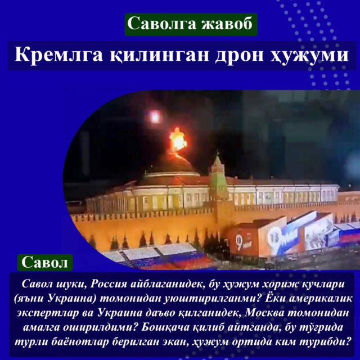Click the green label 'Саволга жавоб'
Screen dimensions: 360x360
(x=191, y=24)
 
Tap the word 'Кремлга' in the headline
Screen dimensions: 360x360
(x=58, y=55)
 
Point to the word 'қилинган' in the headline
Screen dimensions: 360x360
(x=159, y=56)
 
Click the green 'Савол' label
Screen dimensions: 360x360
(x=45, y=263)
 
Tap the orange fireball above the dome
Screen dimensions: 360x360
(x=178, y=139)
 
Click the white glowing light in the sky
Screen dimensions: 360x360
(x=155, y=116)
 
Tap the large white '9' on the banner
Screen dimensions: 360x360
(x=238, y=242)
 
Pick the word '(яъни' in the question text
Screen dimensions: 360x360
(x=30, y=299)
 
